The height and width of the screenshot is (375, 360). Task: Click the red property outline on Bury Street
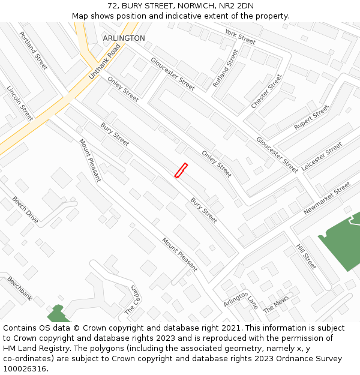pyautogui.click(x=181, y=170)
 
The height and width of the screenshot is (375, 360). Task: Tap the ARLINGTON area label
pyautogui.click(x=124, y=38)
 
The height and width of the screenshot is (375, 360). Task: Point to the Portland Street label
pyautogui.click(x=34, y=50)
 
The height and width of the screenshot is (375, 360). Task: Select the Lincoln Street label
pyautogui.click(x=20, y=103)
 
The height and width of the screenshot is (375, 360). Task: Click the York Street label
pyautogui.click(x=240, y=37)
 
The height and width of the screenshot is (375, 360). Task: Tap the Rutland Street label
pyautogui.click(x=225, y=68)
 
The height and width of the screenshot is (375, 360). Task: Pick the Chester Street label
pyautogui.click(x=266, y=91)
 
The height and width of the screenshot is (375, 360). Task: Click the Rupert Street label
pyautogui.click(x=311, y=118)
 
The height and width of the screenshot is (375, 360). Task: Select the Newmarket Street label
pyautogui.click(x=326, y=199)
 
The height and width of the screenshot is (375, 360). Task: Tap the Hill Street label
pyautogui.click(x=306, y=256)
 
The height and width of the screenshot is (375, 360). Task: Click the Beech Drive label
pyautogui.click(x=25, y=210)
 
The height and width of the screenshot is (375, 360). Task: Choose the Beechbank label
pyautogui.click(x=19, y=288)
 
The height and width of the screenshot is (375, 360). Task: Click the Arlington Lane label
pyautogui.click(x=240, y=300)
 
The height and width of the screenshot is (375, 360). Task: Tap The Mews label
pyautogui.click(x=276, y=304)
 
